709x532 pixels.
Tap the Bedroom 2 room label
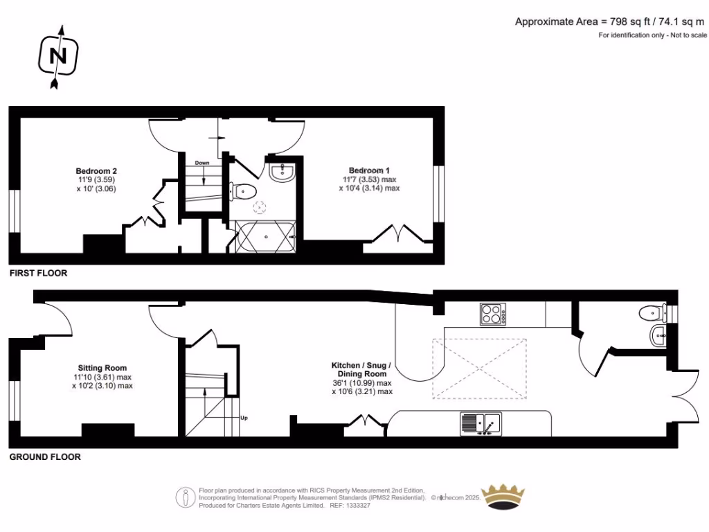coord(96,171)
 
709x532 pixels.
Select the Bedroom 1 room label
coord(369,170)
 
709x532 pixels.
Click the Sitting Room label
coord(102,368)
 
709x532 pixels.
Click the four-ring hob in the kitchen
coord(492,315)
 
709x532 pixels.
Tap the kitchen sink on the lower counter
coord(481,423)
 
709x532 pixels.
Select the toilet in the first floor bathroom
coord(245,190)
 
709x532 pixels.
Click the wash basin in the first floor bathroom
coord(282,172)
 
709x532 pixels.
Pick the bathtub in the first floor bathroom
coord(264,238)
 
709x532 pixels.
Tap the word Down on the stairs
coord(202,163)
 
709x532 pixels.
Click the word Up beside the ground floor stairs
coord(244,418)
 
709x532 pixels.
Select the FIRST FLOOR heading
coord(38,274)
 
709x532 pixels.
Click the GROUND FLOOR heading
coord(44,457)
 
